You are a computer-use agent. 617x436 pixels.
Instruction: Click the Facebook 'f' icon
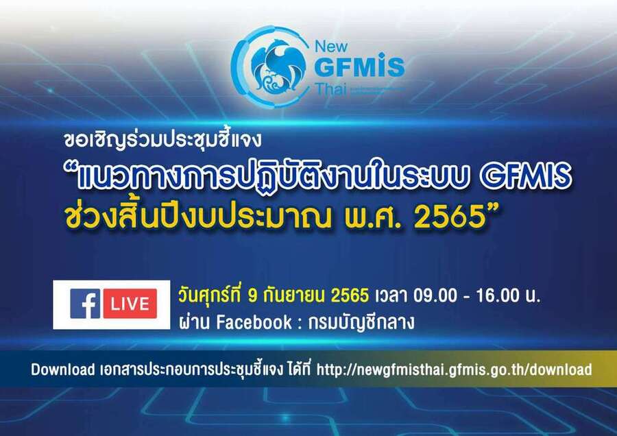coord(85,304)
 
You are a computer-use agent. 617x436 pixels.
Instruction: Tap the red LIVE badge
coord(130,304)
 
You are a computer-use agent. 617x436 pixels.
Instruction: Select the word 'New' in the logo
coord(331,47)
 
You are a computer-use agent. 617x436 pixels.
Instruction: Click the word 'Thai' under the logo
coord(330,89)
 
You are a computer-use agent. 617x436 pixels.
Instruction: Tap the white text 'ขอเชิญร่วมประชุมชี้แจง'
coord(162,139)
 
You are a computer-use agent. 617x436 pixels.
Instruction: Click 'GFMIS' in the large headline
coord(526,176)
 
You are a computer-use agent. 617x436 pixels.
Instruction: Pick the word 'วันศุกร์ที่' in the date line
coord(210,295)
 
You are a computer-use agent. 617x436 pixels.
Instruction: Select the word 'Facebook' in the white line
coord(254,322)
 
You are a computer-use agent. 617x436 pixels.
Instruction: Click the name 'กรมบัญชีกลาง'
coord(361,323)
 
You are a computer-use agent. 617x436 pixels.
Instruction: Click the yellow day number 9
coord(252,296)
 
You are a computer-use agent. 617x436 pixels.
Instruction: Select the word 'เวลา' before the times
coord(391,296)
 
